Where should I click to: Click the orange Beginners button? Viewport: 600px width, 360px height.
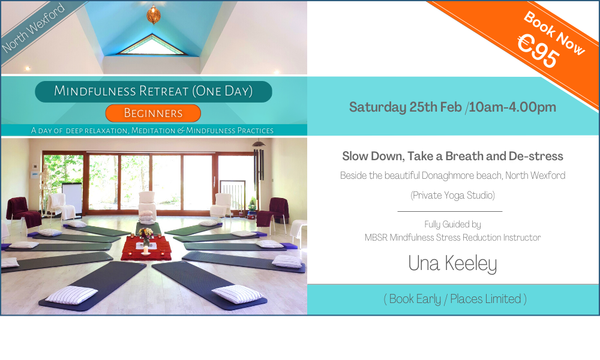[x=153, y=113]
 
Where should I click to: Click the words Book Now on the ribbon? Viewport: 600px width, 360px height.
[x=554, y=33]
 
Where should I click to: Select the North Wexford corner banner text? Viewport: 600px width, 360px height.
[x=33, y=28]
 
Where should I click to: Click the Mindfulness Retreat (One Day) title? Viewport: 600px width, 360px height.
[x=154, y=91]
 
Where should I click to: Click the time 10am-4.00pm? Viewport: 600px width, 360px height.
[x=512, y=107]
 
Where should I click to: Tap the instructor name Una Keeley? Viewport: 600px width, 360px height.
[x=452, y=263]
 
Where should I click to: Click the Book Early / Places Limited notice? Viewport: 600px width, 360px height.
[x=455, y=299]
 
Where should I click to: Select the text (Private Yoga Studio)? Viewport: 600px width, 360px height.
[x=452, y=196]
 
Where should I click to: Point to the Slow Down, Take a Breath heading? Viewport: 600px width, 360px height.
[x=452, y=156]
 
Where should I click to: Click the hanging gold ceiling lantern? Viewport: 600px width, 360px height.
[x=154, y=14]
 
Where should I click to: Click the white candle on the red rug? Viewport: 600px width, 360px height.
[x=145, y=250]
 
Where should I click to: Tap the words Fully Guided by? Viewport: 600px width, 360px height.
[x=452, y=224]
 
